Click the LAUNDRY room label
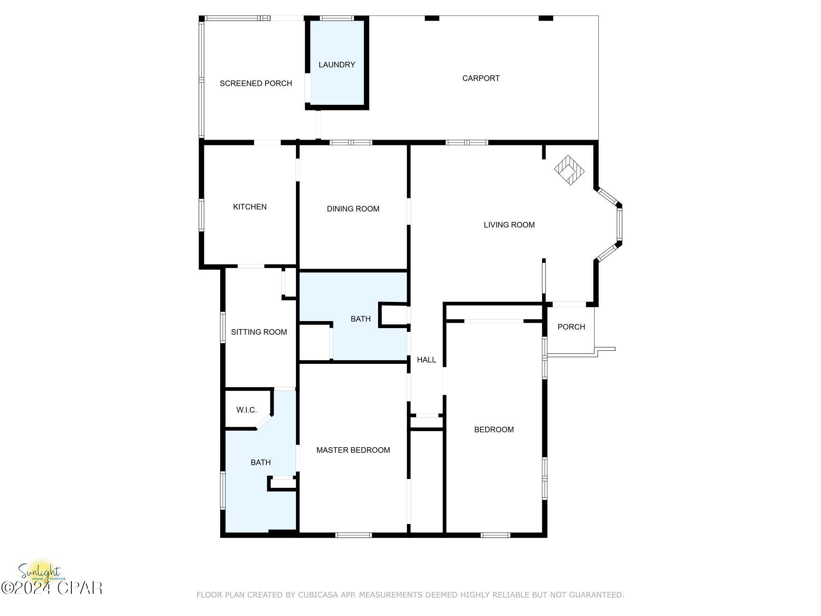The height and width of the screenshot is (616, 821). (x=337, y=65)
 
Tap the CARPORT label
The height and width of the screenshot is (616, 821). (x=481, y=78)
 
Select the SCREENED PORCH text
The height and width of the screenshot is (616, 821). (x=256, y=84)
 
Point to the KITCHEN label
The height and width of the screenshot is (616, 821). (x=250, y=207)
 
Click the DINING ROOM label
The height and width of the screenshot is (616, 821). (x=353, y=209)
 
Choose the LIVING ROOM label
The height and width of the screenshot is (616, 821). (x=509, y=225)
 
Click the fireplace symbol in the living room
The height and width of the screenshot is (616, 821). (x=569, y=170)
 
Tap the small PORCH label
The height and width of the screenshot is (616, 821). (x=571, y=327)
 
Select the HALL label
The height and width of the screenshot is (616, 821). (x=426, y=360)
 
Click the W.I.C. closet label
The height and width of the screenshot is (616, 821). (x=246, y=410)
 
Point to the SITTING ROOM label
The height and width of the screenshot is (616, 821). (x=259, y=332)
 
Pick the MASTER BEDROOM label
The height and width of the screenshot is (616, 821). (x=353, y=450)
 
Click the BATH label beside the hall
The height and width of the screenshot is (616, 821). (x=360, y=319)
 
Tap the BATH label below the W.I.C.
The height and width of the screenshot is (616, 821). (x=260, y=463)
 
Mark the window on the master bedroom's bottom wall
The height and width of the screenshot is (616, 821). (x=353, y=535)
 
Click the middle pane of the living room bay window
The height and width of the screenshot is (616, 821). (x=619, y=224)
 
